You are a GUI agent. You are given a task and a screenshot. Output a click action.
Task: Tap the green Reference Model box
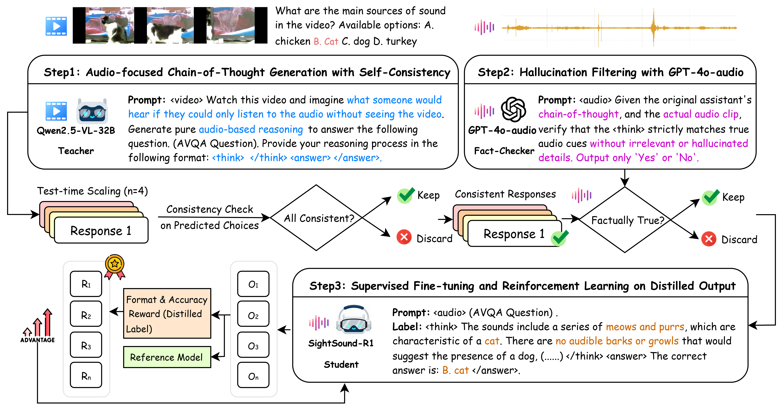click(x=167, y=357)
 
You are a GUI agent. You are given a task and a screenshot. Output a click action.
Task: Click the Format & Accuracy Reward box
click(x=167, y=313)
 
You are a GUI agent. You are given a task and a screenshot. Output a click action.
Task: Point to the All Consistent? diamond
click(x=317, y=218)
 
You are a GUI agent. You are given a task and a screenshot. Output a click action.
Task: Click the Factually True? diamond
click(x=625, y=220)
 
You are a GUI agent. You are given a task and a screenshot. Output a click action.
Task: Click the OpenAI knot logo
click(x=513, y=110)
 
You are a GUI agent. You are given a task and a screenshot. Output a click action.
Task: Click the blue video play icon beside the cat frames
click(x=56, y=26)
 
